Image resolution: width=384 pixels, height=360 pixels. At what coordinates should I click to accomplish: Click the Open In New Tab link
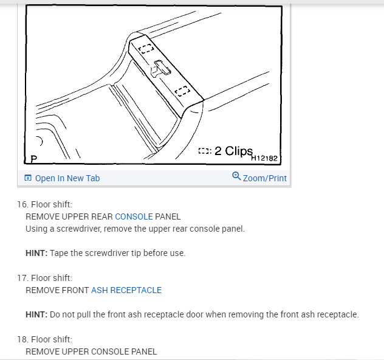pos(67,178)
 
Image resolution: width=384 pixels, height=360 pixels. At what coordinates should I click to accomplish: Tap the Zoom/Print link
pos(264,178)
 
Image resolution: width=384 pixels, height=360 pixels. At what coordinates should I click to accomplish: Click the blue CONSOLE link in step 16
pos(134,216)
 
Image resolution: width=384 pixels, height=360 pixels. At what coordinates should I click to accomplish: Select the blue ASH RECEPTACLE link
pos(126,290)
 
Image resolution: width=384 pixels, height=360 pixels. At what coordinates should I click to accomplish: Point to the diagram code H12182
pos(264,158)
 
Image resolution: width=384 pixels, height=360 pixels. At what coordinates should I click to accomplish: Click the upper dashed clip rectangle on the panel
pos(146,49)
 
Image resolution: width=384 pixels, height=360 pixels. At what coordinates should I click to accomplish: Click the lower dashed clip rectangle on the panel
pos(182,91)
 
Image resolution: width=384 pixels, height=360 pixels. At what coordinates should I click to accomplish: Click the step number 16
pos(21,204)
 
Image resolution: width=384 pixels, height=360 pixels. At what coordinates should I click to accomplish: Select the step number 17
pos(21,278)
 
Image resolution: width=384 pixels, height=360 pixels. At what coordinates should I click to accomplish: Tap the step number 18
pos(21,339)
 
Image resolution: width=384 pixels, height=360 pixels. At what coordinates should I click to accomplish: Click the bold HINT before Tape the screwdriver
pos(36,253)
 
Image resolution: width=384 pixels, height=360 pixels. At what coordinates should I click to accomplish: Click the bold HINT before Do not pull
pos(36,314)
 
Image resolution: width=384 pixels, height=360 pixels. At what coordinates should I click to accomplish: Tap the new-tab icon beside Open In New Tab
pos(27,178)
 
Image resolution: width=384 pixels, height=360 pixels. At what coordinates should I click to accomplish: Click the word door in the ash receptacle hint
pos(193,314)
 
